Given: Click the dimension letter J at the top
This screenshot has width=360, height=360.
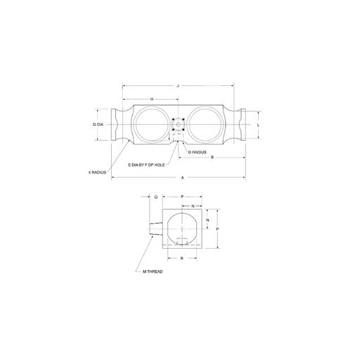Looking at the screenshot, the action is tap(178, 86).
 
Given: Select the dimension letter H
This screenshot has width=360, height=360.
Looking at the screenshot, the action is tap(152, 99).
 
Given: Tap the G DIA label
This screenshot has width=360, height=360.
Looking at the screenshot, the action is tap(98, 124).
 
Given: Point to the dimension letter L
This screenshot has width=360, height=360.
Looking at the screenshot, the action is tap(258, 125).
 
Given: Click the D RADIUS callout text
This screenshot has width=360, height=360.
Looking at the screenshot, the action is tap(198, 153).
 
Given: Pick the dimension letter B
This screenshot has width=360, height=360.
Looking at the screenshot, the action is tap(212, 157).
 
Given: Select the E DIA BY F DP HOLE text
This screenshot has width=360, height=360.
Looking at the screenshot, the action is tap(146, 165).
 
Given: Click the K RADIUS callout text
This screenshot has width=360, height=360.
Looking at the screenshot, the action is tap(98, 172).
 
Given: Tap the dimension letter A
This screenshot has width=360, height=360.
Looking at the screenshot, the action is tap(183, 178).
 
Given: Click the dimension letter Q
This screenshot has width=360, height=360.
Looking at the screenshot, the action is tap(156, 198).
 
